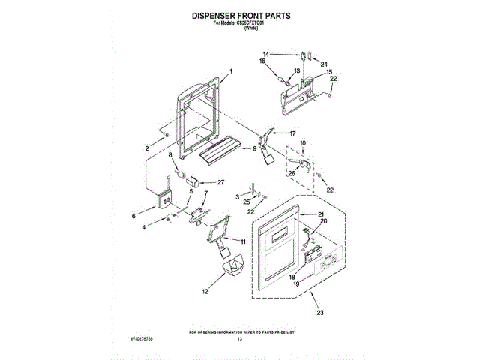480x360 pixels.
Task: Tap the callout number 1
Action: click(232, 70)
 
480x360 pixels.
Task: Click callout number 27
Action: click(220, 182)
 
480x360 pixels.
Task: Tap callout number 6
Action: click(134, 216)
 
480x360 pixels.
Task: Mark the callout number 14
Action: click(266, 54)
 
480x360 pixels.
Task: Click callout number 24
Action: click(325, 64)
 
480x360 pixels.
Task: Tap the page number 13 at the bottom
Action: click(240, 340)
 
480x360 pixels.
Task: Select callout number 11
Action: click(243, 241)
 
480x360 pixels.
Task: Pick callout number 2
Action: click(147, 148)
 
